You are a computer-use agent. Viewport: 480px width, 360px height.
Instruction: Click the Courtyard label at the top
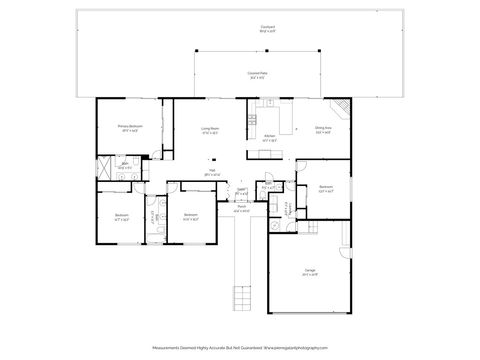click(x=240, y=29)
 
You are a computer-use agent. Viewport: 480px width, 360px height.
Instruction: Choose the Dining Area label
click(x=323, y=129)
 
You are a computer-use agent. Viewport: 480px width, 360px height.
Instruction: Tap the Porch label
click(x=241, y=211)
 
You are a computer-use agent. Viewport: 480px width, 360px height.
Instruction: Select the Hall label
click(x=212, y=174)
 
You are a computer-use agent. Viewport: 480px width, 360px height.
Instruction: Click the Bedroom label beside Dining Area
click(x=326, y=189)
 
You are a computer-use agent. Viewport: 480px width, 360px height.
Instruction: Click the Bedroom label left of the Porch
click(x=189, y=216)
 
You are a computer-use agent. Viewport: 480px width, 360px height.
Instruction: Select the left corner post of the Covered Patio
click(x=196, y=50)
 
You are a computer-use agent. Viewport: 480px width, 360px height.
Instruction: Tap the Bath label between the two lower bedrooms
click(x=152, y=216)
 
